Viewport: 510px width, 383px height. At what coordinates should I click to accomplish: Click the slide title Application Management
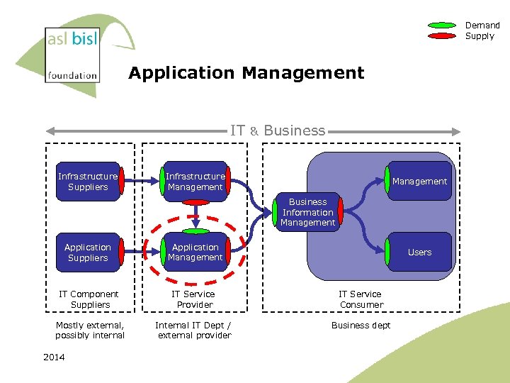[x=246, y=73]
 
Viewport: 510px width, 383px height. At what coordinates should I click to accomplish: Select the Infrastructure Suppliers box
[x=88, y=182]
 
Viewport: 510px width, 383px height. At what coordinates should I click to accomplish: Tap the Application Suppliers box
[x=88, y=252]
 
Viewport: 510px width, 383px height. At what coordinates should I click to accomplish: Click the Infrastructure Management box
[x=195, y=182]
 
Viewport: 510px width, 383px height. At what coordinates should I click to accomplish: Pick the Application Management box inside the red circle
[x=195, y=252]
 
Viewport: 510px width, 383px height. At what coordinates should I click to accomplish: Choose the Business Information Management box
[x=307, y=212]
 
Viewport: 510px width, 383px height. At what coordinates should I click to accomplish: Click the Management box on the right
[x=419, y=182]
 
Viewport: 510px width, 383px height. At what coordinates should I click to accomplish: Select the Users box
[x=419, y=252]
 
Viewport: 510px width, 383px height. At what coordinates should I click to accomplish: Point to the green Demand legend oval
[x=442, y=26]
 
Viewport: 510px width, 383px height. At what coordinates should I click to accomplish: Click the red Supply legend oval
[x=442, y=35]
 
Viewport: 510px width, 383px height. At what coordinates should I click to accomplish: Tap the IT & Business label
[x=278, y=131]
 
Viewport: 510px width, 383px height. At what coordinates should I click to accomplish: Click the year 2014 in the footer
[x=53, y=357]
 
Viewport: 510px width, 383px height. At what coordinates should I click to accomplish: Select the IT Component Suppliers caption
[x=89, y=299]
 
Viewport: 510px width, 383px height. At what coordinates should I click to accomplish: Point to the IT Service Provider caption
[x=194, y=299]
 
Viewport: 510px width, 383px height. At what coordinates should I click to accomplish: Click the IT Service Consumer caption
[x=360, y=299]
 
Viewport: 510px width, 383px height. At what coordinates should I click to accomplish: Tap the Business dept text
[x=361, y=326]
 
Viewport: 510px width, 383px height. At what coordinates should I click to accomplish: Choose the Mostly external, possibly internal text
[x=90, y=331]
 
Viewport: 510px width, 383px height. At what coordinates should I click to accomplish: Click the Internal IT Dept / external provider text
[x=194, y=331]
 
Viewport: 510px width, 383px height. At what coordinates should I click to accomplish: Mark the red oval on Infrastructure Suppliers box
[x=123, y=181]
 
